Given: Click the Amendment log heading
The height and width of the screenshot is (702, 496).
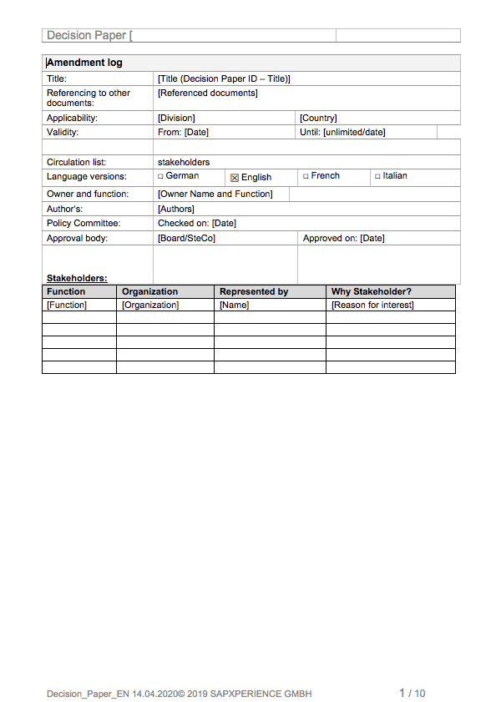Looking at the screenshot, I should coord(84,63).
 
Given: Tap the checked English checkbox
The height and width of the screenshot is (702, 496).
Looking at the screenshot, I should coord(235,178).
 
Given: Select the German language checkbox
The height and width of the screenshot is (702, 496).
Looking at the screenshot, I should coord(161,176).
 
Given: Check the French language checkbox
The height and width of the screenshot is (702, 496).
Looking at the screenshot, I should coord(306,176).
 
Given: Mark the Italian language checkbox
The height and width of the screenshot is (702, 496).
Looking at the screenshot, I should coord(377,176).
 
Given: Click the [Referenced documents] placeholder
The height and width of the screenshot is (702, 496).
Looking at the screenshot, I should coord(207,93).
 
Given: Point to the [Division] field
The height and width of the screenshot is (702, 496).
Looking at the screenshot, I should coord(176,118).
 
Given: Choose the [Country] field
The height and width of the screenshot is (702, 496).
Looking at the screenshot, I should coord(318,118).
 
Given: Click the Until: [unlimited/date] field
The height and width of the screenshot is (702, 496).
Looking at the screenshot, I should coord(342,132).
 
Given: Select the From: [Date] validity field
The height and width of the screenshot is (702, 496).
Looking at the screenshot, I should coord(183,132).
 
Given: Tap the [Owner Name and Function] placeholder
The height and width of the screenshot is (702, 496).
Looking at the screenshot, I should coord(215,194).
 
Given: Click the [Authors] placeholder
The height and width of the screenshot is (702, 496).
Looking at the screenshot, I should coord(175,209).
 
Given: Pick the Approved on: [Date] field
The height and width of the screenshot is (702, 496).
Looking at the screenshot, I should coord(343,238).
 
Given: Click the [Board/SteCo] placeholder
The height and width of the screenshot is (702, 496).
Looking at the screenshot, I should coord(186,238).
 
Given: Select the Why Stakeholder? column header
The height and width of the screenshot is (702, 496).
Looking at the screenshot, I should coord(371,291).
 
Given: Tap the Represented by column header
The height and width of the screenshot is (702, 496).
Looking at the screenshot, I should coord(253,291).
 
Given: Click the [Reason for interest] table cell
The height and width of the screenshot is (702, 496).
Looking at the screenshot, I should coord(372,305).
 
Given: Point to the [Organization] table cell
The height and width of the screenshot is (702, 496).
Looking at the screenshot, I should coord(150,305).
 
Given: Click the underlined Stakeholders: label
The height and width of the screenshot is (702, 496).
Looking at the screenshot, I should coord(77,278).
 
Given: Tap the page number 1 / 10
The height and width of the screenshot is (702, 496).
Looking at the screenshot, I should coord(412,693).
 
